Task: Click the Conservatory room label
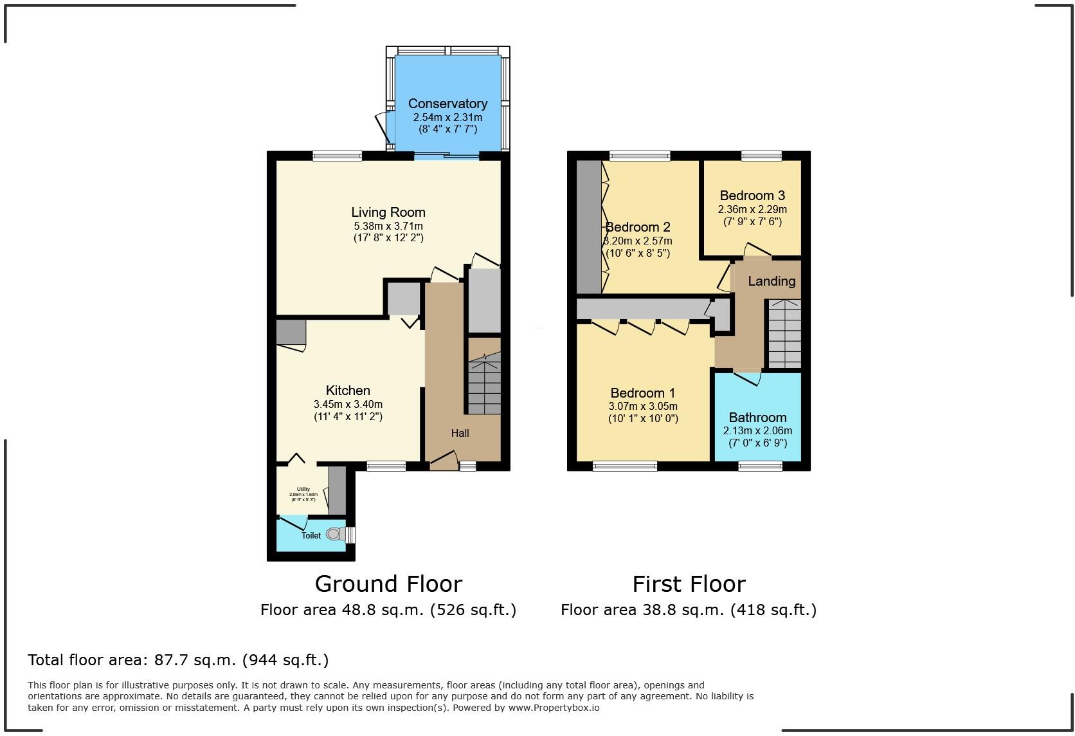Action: tap(447, 104)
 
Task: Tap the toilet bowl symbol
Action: tap(333, 534)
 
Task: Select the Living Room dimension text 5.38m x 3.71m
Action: tap(388, 226)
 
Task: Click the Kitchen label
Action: tap(348, 391)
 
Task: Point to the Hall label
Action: tap(460, 433)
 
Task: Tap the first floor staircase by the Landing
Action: tap(784, 335)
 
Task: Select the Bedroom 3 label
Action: tap(752, 196)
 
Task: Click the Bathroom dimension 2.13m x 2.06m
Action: tap(757, 431)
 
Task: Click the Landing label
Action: tap(772, 281)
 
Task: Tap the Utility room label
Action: tap(303, 489)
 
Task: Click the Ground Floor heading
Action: tap(388, 584)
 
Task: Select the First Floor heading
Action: tap(689, 584)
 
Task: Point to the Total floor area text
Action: tap(178, 659)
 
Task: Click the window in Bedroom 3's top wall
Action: tap(761, 156)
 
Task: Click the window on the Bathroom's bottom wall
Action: tap(760, 466)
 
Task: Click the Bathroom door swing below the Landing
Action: tap(747, 378)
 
